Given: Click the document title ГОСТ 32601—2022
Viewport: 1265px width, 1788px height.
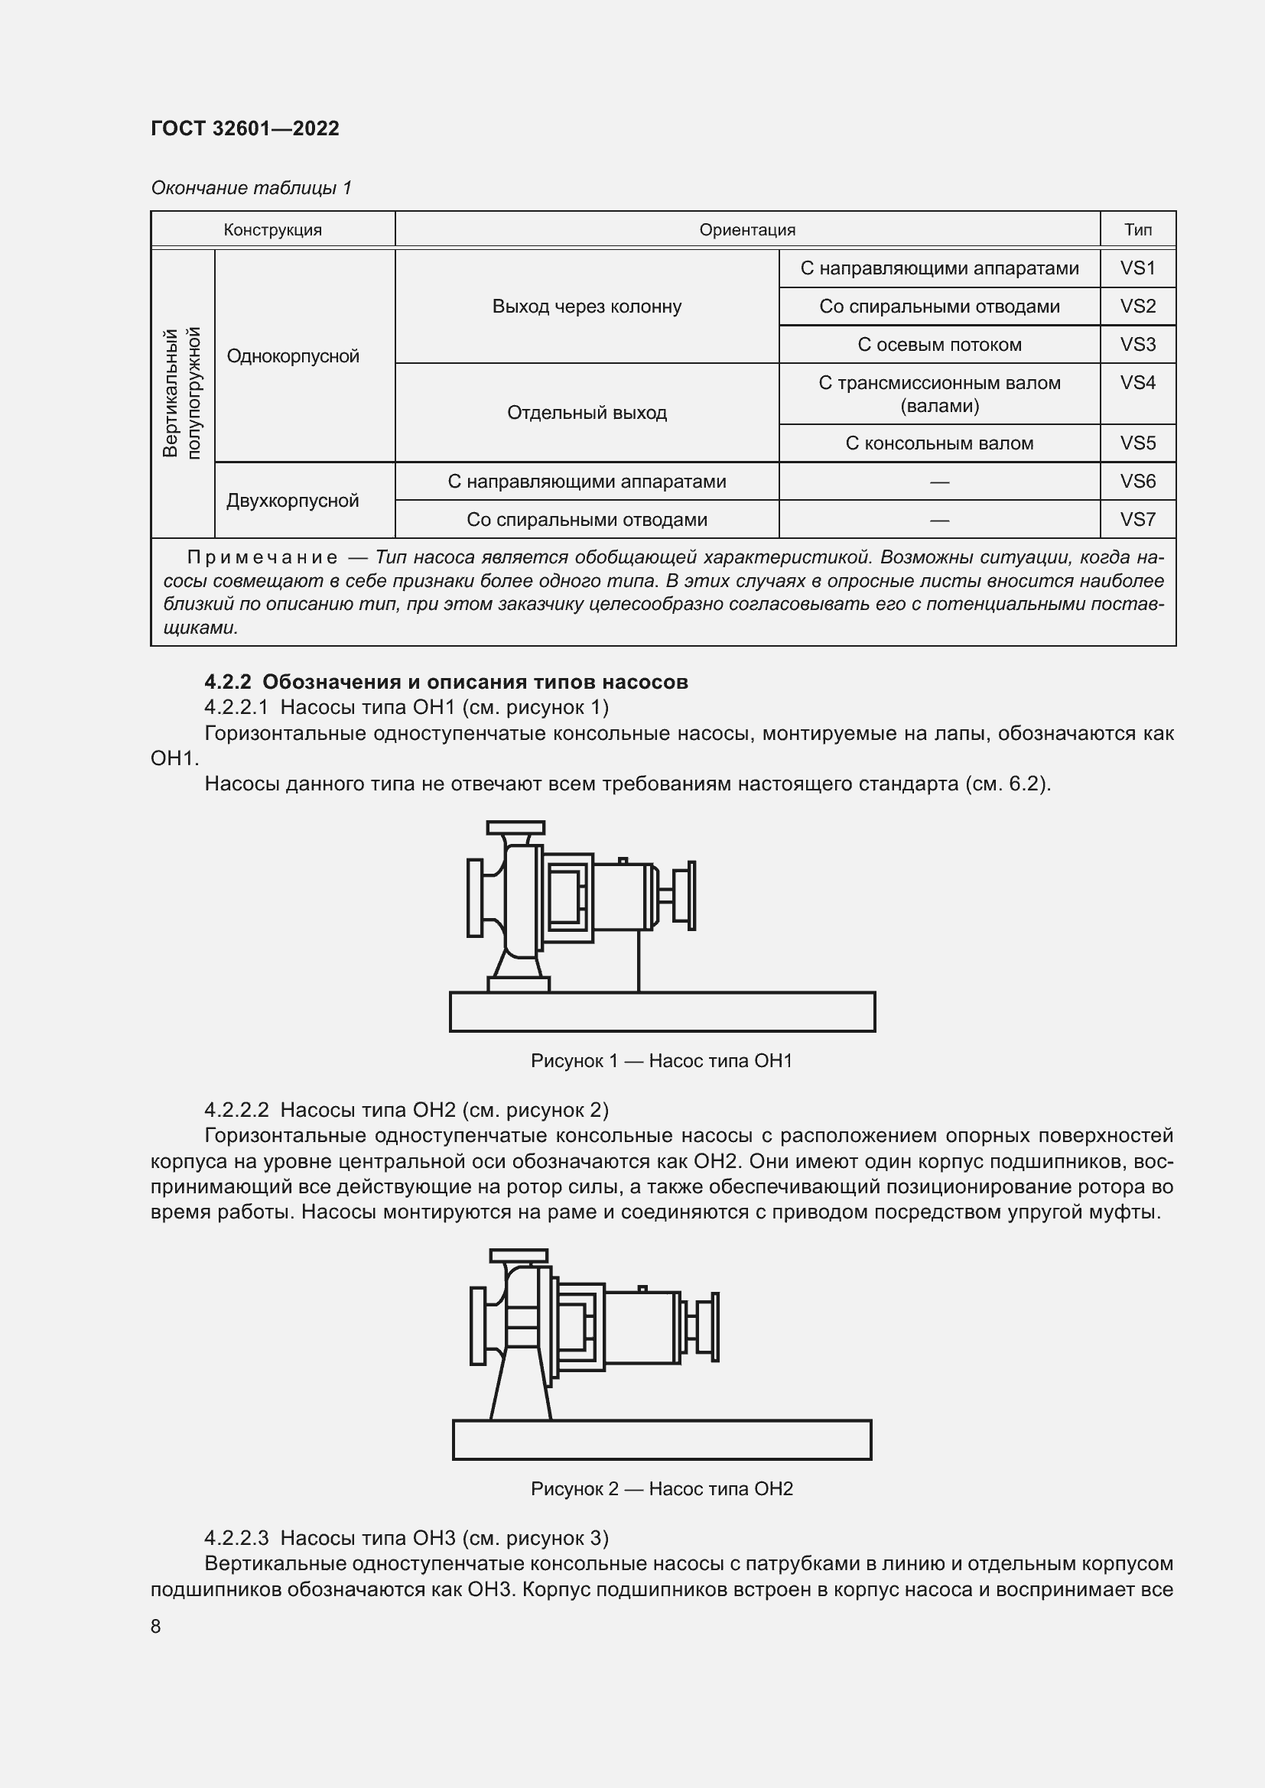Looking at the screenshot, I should click(x=245, y=128).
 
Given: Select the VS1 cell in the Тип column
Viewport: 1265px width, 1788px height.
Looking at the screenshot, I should click(x=1137, y=268).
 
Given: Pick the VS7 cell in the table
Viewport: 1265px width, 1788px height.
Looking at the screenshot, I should click(x=1137, y=519).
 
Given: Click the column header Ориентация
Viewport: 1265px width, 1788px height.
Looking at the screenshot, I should click(x=747, y=230).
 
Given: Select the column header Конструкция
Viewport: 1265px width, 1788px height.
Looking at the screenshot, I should click(x=272, y=230).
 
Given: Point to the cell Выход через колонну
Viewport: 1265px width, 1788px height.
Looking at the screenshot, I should click(x=587, y=307).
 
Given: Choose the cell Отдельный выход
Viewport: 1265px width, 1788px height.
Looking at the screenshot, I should click(x=587, y=413).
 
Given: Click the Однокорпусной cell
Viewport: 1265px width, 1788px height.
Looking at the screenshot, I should click(x=293, y=357).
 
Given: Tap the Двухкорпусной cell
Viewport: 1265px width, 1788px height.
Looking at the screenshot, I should click(x=293, y=501).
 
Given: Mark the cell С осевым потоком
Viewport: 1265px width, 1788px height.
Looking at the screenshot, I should click(x=939, y=345).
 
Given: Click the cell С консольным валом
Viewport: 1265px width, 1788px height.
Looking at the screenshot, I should click(x=939, y=444).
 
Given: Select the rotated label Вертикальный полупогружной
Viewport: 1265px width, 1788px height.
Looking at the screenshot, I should click(x=182, y=393).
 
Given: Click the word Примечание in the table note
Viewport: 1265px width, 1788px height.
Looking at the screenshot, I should click(x=262, y=557).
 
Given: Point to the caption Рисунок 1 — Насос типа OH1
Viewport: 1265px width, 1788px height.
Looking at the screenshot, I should click(x=662, y=1061).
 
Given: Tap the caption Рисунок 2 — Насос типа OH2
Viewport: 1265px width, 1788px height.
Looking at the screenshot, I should click(x=662, y=1489).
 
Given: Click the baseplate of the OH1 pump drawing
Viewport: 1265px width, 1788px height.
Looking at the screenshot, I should click(x=662, y=1011).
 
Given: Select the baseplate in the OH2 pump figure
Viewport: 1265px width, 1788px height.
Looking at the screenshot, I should click(x=662, y=1440).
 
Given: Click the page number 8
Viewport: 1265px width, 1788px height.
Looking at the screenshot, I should click(x=156, y=1626).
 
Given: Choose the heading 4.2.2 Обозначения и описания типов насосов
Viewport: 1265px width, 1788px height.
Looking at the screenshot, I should click(x=447, y=682).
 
